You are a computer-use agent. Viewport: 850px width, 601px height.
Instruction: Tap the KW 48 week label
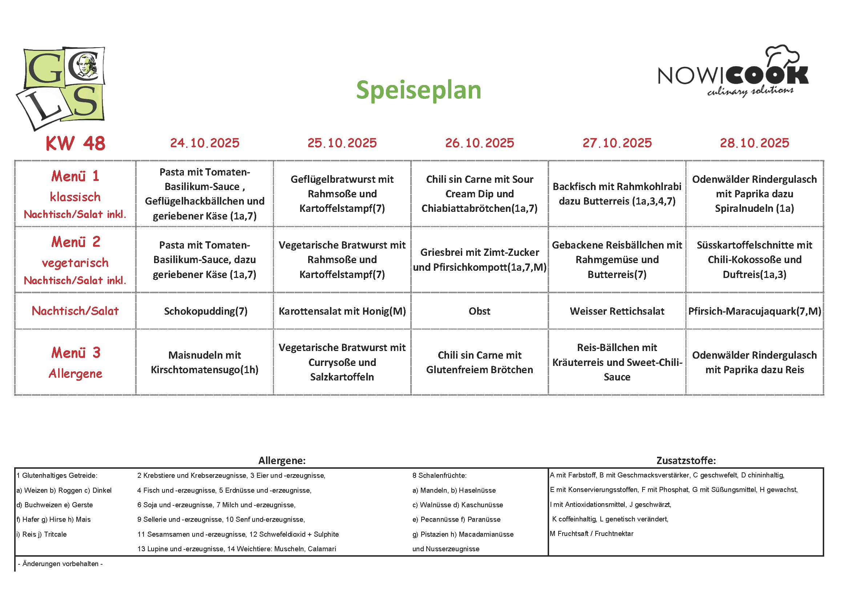point(76,143)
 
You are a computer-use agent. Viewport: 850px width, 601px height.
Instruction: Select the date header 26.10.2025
point(479,143)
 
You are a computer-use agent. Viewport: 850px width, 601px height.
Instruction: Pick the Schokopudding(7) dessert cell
point(205,311)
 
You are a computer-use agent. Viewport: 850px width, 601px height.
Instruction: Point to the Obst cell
point(479,311)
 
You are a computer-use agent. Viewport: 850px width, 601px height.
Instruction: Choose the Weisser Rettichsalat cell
point(617,311)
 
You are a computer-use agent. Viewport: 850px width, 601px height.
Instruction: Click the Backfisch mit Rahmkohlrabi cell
point(617,194)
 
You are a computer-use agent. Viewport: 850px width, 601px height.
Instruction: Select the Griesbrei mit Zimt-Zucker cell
point(479,259)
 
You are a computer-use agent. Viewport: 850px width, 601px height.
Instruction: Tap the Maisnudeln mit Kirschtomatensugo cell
point(205,362)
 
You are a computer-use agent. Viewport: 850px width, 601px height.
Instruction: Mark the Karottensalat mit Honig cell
point(342,311)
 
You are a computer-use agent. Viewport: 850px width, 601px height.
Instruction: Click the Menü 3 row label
point(76,362)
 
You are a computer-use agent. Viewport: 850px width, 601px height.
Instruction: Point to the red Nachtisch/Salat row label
point(75,311)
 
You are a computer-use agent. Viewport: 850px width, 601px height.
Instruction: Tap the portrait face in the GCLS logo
point(86,65)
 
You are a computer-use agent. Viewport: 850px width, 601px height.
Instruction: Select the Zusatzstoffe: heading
point(686,460)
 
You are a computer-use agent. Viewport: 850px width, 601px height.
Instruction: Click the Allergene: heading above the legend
point(282,460)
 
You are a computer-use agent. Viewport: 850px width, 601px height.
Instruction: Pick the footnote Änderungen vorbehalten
point(60,564)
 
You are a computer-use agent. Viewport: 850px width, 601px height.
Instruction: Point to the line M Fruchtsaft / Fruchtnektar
point(592,534)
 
